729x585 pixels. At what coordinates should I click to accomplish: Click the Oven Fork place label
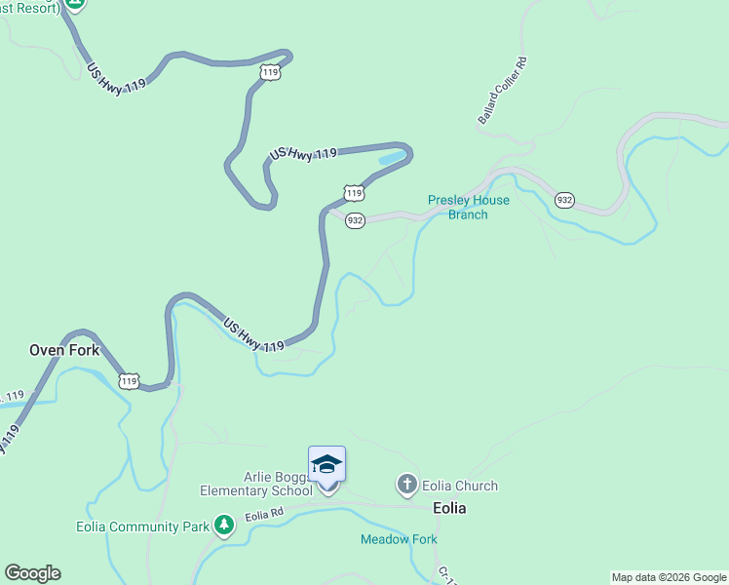[x=64, y=350]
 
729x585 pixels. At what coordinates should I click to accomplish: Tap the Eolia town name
[x=449, y=508]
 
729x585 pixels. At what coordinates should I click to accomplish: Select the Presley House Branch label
[x=468, y=208]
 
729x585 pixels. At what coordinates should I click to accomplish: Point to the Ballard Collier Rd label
[x=502, y=91]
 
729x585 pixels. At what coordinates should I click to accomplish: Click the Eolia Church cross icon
[x=405, y=485]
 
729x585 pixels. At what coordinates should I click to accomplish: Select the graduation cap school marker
[x=326, y=464]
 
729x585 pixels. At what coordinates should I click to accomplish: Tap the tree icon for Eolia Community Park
[x=225, y=526]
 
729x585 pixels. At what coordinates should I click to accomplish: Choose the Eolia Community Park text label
[x=142, y=527]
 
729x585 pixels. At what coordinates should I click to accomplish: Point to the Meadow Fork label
[x=399, y=539]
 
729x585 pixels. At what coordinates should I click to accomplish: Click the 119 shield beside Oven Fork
[x=129, y=380]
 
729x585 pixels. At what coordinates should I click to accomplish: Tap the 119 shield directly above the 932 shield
[x=355, y=193]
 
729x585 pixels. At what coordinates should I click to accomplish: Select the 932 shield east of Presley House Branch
[x=564, y=200]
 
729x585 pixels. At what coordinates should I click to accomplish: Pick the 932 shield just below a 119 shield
[x=355, y=221]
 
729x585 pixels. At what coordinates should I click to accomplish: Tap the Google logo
[x=32, y=573]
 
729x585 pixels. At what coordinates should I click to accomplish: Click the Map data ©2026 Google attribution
[x=669, y=577]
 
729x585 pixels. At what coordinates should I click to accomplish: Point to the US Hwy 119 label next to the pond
[x=303, y=154]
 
